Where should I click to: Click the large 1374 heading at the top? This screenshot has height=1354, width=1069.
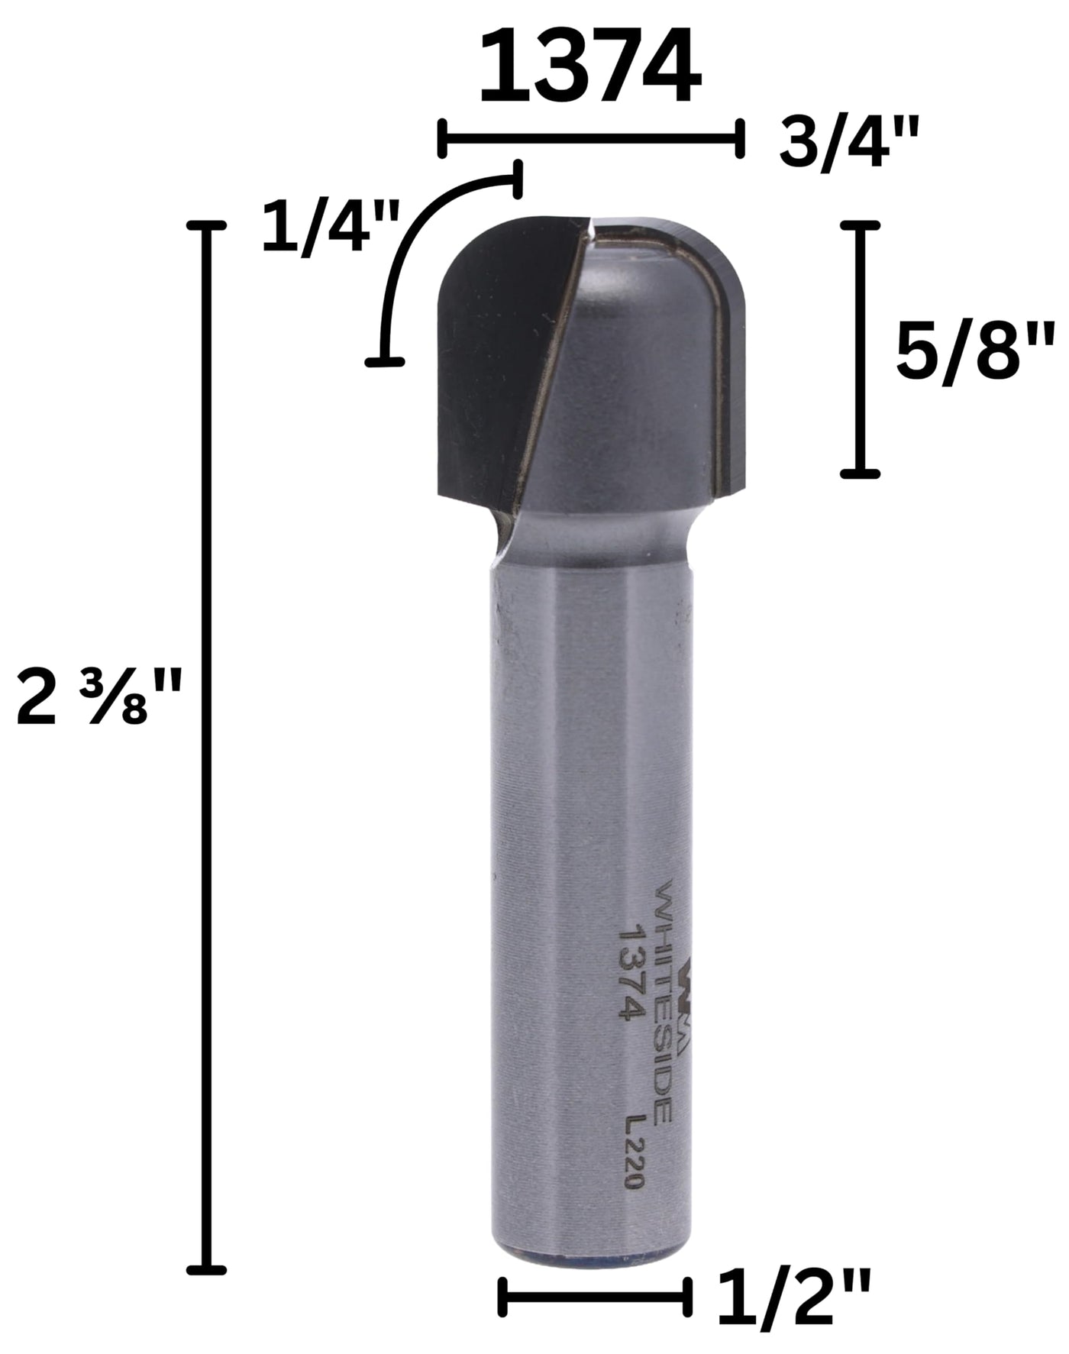pyautogui.click(x=589, y=66)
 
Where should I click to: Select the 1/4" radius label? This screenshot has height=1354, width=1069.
pyautogui.click(x=331, y=226)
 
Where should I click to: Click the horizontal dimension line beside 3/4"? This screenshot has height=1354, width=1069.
pyautogui.click(x=590, y=138)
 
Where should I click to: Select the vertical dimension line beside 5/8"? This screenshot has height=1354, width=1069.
pyautogui.click(x=861, y=350)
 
